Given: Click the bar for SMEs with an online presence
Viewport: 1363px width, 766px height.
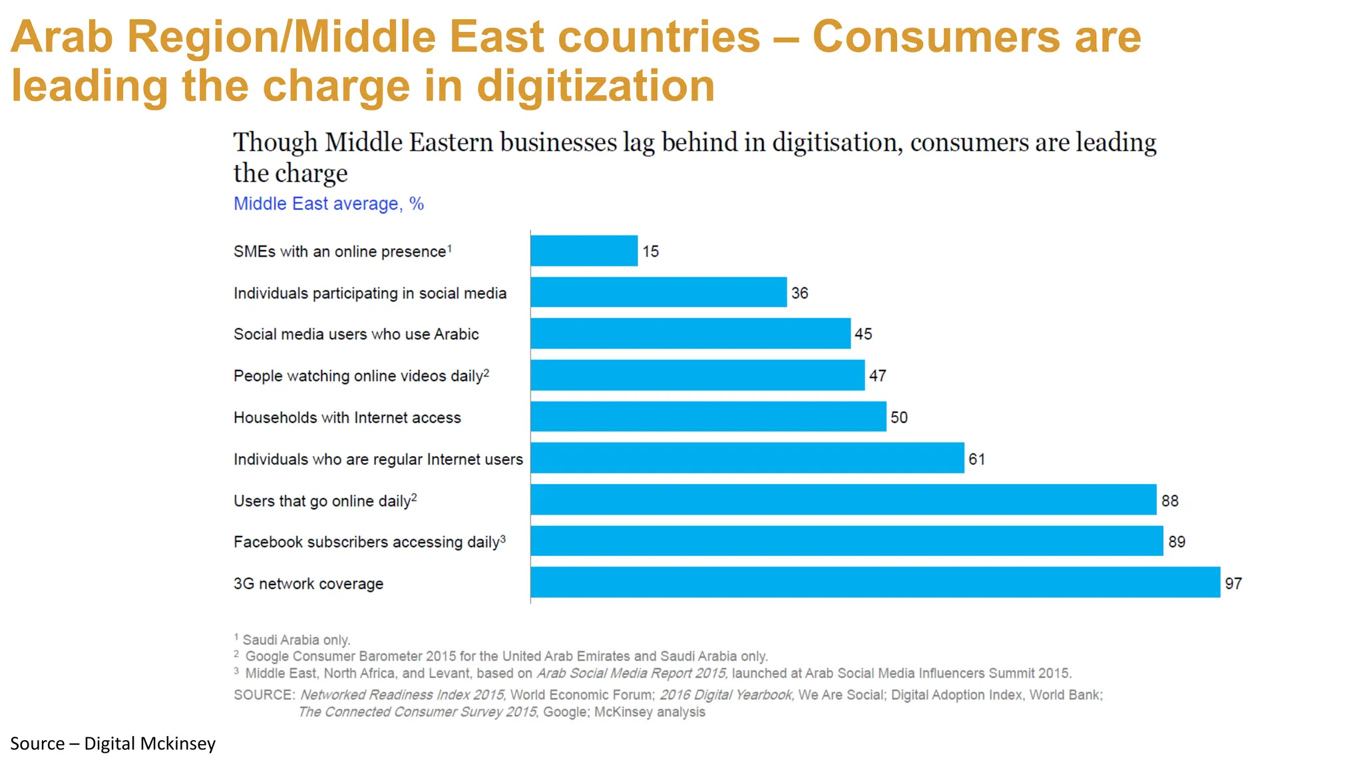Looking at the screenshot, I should (x=584, y=251).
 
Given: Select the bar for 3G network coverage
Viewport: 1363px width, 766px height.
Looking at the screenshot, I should (x=875, y=582).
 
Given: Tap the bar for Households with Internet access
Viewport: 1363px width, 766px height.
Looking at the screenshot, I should (x=708, y=417).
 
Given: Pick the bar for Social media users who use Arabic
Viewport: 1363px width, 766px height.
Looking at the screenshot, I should (x=690, y=333).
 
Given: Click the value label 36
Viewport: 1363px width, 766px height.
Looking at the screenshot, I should (x=799, y=293).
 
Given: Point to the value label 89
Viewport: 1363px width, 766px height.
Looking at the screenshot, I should (x=1176, y=541).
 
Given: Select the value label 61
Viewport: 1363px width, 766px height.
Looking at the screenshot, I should (x=976, y=459).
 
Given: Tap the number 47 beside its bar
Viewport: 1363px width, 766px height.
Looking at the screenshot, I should (x=877, y=376).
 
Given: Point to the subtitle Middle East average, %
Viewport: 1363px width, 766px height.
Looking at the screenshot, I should (x=328, y=203).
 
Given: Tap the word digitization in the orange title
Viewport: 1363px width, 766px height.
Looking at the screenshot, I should (x=595, y=86).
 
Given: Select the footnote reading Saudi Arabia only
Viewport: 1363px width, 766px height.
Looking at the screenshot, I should (x=295, y=640).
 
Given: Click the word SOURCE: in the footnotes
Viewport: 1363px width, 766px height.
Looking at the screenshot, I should (x=264, y=695).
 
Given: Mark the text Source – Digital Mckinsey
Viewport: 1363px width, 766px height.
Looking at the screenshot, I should (x=112, y=743).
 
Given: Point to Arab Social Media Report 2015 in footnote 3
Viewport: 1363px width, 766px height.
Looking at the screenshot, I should (x=631, y=673).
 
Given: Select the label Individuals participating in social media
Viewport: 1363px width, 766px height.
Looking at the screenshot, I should (x=369, y=293).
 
